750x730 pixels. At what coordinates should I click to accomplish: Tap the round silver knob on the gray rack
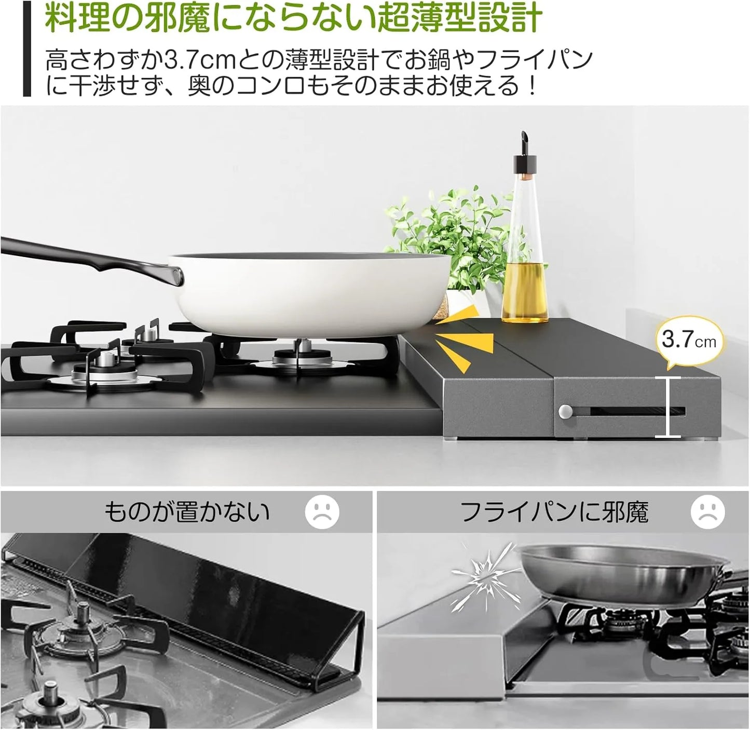[565, 412]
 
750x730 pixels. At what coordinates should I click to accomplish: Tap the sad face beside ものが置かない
[322, 512]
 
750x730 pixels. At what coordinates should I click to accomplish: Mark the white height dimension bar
[667, 407]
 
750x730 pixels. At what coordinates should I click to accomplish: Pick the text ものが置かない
[187, 512]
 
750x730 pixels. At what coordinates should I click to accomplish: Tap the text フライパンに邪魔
[554, 512]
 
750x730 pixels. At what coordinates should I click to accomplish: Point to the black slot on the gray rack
[637, 412]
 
